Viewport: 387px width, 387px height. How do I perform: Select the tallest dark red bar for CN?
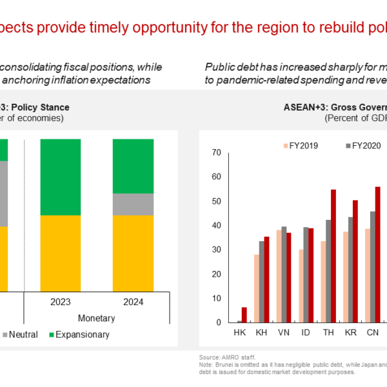[378, 255]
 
